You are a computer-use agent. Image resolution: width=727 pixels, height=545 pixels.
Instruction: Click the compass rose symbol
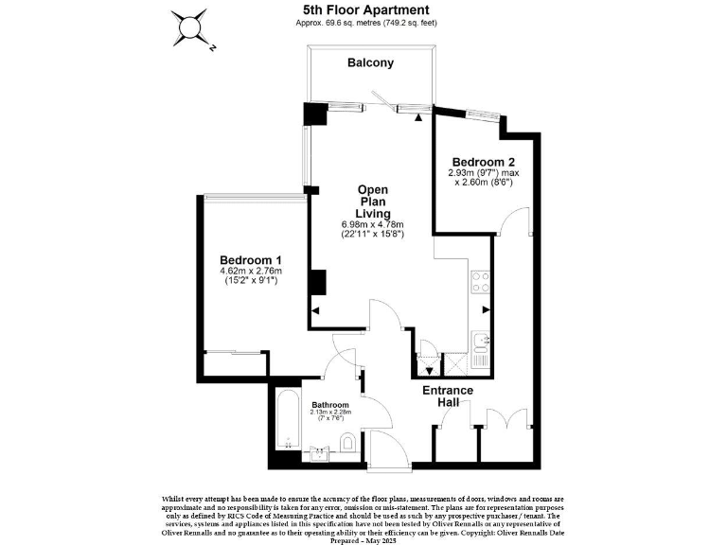point(193,27)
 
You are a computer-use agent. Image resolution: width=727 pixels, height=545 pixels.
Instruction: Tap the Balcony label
point(370,63)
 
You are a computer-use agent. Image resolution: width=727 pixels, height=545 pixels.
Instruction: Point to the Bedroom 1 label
point(250,260)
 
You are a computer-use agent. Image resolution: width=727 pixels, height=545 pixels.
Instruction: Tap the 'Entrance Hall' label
point(448,396)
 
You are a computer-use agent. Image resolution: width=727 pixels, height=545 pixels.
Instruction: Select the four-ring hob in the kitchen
point(481,281)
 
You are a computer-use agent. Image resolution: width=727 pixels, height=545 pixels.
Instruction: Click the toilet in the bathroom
point(347,442)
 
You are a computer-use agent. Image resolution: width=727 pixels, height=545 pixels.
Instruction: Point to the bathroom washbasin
point(317,452)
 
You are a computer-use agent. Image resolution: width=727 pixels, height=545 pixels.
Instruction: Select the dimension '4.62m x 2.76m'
point(250,272)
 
